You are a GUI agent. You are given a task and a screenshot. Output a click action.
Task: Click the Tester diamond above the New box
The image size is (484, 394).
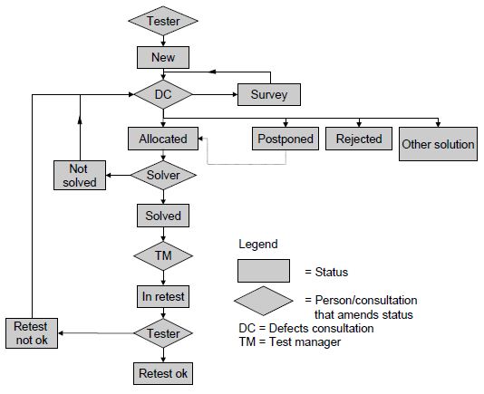[163, 21]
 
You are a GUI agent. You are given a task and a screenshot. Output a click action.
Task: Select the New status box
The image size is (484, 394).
[163, 57]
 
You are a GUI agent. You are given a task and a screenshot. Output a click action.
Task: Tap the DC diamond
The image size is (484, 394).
[163, 94]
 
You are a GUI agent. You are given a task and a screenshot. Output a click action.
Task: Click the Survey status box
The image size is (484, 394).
[269, 94]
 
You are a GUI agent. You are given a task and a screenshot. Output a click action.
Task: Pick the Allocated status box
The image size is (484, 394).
[163, 139]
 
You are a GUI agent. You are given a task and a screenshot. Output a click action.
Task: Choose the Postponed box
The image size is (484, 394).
[286, 139]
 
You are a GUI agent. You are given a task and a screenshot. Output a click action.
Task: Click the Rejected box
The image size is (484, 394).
[359, 139]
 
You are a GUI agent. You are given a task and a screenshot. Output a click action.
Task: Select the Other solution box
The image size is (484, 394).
[438, 144]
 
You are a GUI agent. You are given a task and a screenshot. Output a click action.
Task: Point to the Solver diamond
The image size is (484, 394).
[163, 175]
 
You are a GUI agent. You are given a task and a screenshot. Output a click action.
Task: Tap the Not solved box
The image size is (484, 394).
[80, 175]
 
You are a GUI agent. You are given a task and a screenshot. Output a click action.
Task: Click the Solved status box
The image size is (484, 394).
[163, 216]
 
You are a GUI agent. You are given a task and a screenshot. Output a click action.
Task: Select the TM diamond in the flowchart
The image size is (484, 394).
[163, 255]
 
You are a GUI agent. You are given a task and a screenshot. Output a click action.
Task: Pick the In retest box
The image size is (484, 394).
[163, 296]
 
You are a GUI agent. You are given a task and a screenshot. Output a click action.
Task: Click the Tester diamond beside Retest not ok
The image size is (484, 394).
[163, 333]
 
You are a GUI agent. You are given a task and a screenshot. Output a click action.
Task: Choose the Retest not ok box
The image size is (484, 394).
[32, 333]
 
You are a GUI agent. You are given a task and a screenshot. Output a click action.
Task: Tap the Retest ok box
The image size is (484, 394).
[163, 374]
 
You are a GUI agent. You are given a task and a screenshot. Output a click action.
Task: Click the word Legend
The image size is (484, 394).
[258, 244]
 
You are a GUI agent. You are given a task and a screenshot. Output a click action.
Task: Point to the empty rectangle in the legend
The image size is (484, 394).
[264, 271]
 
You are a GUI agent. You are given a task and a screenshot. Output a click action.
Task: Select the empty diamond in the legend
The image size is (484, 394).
[264, 301]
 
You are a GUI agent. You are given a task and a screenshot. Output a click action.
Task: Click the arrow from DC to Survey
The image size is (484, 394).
[215, 94]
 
